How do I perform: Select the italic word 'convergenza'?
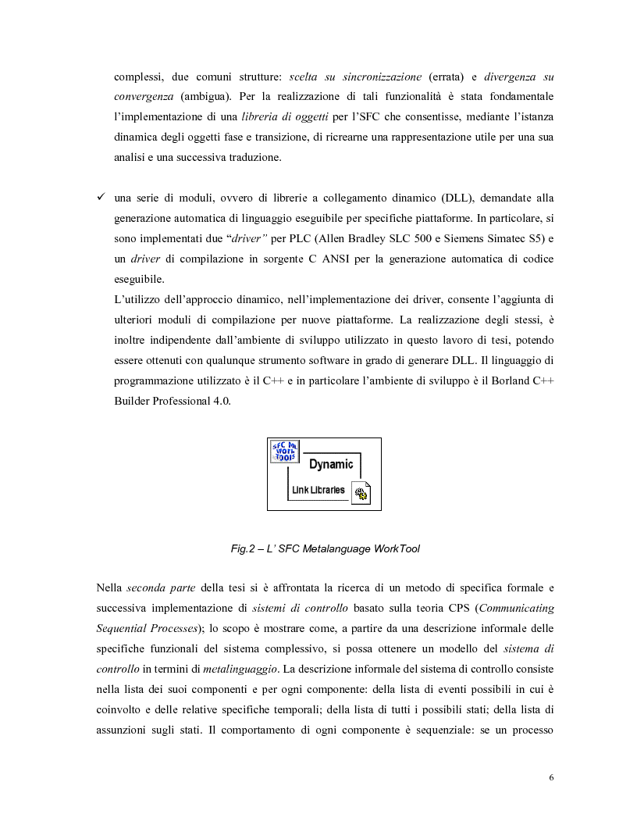pos(144,97)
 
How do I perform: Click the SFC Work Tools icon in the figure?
pos(284,452)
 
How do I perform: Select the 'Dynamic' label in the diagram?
pos(331,464)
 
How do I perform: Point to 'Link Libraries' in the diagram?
pos(318,490)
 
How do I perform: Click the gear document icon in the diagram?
pos(361,493)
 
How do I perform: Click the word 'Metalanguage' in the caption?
pos(341,548)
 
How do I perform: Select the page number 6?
pos(551,778)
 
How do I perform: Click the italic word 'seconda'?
pos(148,587)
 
